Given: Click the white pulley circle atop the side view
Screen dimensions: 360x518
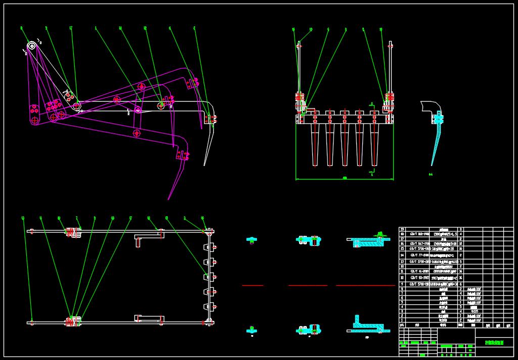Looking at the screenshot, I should pyautogui.click(x=31, y=46).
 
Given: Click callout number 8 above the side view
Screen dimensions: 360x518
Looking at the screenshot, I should pyautogui.click(x=21, y=28).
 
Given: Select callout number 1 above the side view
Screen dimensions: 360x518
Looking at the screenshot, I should pyautogui.click(x=96, y=28).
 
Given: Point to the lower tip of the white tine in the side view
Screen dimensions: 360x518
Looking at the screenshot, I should pyautogui.click(x=205, y=164).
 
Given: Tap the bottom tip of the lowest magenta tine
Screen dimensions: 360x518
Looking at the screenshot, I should pyautogui.click(x=169, y=199).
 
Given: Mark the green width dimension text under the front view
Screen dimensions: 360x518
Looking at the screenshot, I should pyautogui.click(x=345, y=177).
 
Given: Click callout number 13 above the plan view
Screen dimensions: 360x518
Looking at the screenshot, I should pyautogui.click(x=23, y=218).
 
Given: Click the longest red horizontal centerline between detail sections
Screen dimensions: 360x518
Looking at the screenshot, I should pyautogui.click(x=365, y=286).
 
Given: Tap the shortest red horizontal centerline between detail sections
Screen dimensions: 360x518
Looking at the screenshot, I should pyautogui.click(x=253, y=286).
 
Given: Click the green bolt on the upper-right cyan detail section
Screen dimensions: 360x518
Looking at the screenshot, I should pyautogui.click(x=380, y=234).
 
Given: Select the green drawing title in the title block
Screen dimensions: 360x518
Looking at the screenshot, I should pyautogui.click(x=494, y=342).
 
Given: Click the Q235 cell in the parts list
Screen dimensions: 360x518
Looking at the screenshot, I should pyautogui.click(x=475, y=311).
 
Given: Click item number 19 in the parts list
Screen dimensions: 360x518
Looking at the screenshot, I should pyautogui.click(x=402, y=230).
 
